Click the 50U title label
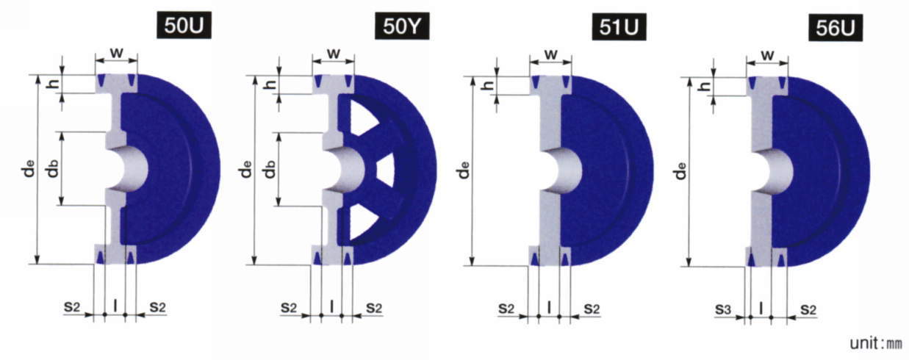[x=184, y=26]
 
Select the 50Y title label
[x=402, y=26]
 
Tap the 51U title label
[x=619, y=26]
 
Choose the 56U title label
[x=836, y=28]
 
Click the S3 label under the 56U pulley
[x=723, y=310]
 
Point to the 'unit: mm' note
[x=876, y=343]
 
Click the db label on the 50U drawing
[x=53, y=169]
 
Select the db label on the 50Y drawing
[x=270, y=169]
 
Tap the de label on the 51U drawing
[x=464, y=170]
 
